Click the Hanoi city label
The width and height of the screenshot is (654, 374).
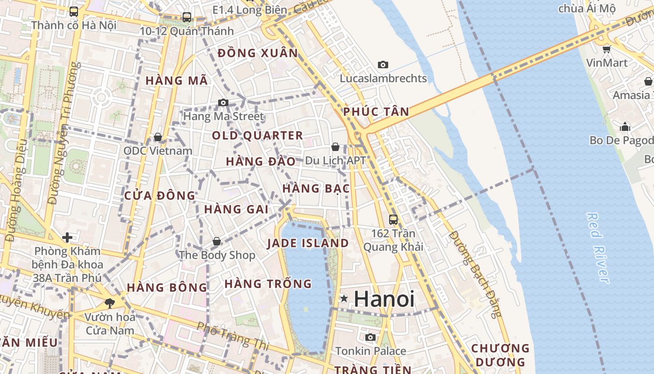tap(384, 299)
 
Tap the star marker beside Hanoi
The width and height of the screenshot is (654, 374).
tap(344, 298)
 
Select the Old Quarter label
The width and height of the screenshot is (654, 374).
tap(257, 136)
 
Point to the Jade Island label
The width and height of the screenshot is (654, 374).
tap(308, 243)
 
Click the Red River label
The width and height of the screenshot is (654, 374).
tap(597, 248)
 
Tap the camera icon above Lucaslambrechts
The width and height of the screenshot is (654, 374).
tap(383, 65)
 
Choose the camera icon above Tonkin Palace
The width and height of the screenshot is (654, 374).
tap(370, 337)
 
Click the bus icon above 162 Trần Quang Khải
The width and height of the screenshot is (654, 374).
tap(393, 219)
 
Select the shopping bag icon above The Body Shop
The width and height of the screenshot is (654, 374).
tap(217, 241)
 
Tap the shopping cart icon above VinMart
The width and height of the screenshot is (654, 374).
tap(606, 49)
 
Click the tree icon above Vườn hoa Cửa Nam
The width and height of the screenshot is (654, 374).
tap(110, 303)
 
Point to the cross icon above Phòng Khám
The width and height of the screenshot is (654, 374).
tap(67, 237)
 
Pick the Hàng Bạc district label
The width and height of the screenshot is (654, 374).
tap(316, 188)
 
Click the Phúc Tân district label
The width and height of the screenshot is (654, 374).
tap(376, 112)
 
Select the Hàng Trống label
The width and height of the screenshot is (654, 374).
tap(268, 284)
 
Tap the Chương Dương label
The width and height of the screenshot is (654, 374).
tap(500, 355)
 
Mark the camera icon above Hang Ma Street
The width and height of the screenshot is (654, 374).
tap(223, 102)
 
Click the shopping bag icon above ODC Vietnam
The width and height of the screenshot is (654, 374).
tap(158, 137)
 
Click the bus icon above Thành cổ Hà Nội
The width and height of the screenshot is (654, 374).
tap(74, 11)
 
